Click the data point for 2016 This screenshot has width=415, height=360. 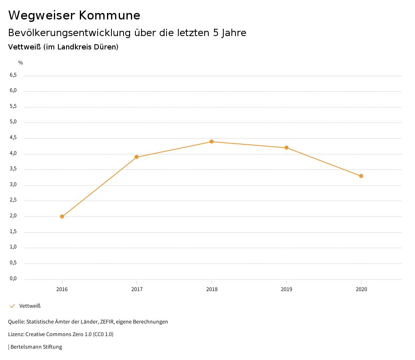pyautogui.click(x=62, y=216)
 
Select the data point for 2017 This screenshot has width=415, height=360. pyautogui.click(x=137, y=157)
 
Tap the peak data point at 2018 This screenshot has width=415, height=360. pyautogui.click(x=212, y=141)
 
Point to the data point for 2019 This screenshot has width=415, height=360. pyautogui.click(x=287, y=148)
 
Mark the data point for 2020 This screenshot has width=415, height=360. pyautogui.click(x=361, y=176)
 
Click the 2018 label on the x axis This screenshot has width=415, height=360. pyautogui.click(x=212, y=289)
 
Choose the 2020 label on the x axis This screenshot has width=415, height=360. pyautogui.click(x=361, y=289)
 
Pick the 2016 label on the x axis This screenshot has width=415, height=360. pyautogui.click(x=62, y=289)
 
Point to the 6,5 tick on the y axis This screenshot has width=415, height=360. pyautogui.click(x=13, y=75)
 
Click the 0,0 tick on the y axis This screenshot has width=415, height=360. pyautogui.click(x=13, y=279)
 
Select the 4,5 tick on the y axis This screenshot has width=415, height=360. pyautogui.click(x=13, y=137)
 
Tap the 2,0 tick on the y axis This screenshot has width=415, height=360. pyautogui.click(x=13, y=216)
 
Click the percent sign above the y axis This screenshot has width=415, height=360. pyautogui.click(x=21, y=63)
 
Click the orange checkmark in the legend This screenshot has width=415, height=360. pyautogui.click(x=12, y=306)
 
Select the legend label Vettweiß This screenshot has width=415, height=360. pyautogui.click(x=30, y=306)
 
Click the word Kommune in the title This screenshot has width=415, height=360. pyautogui.click(x=109, y=15)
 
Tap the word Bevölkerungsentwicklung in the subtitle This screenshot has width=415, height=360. pyautogui.click(x=69, y=33)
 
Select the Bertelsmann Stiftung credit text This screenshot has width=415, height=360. pyautogui.click(x=36, y=347)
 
